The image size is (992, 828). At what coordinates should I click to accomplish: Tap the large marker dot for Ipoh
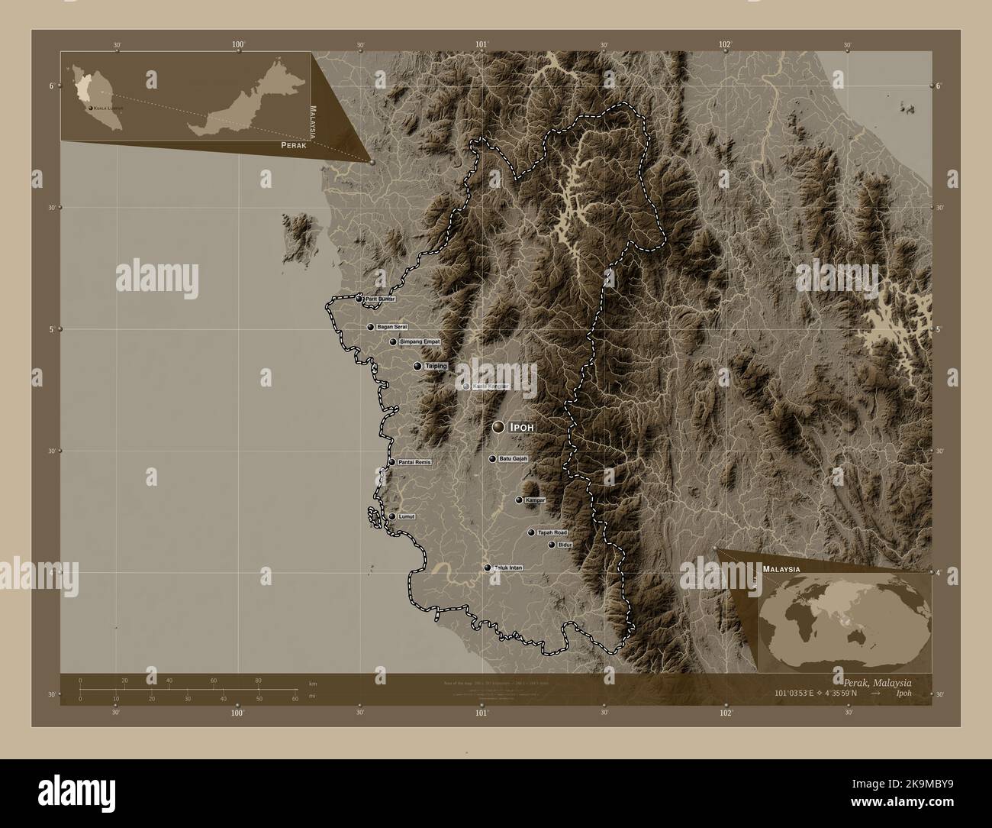pos(498,427)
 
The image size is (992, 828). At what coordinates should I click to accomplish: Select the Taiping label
pos(436,367)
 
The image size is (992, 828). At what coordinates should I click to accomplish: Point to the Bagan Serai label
pos(392,327)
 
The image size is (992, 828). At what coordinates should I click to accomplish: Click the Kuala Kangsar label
pos(491,387)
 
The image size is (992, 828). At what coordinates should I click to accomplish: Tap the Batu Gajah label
pos(513,459)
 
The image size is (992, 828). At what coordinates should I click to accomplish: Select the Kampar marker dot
pos(519,500)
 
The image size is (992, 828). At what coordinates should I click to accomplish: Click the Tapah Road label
pos(552,532)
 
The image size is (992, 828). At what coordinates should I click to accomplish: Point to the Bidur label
pos(565,545)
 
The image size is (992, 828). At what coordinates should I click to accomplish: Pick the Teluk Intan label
pos(507,568)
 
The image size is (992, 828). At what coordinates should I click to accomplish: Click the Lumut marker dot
pos(392,517)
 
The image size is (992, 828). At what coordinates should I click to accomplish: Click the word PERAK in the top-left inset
pos(294,145)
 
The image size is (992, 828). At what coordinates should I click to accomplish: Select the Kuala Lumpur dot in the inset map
pos(92,109)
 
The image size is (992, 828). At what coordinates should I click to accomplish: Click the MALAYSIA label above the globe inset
pos(781,570)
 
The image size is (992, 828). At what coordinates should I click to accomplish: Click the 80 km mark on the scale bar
pos(259,680)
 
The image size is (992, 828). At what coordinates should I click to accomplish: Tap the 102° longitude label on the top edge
pos(725,45)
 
